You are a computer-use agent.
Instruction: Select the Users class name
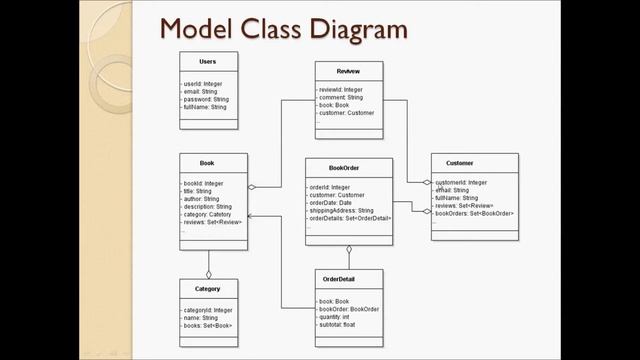click(207, 62)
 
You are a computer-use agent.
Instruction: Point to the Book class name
click(207, 162)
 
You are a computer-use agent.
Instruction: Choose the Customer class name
click(460, 162)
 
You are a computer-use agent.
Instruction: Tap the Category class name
click(208, 288)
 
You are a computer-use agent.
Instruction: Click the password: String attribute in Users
click(206, 99)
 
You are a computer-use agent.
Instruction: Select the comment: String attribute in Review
click(340, 97)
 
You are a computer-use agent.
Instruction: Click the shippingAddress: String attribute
click(341, 211)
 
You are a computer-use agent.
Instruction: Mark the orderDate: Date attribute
click(330, 203)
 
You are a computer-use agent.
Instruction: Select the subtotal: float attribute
click(338, 324)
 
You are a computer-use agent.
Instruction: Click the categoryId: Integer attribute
click(207, 310)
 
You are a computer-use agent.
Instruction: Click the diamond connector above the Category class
click(208, 273)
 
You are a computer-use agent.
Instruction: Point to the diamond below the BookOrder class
click(349, 249)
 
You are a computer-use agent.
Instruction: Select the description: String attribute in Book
click(208, 206)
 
